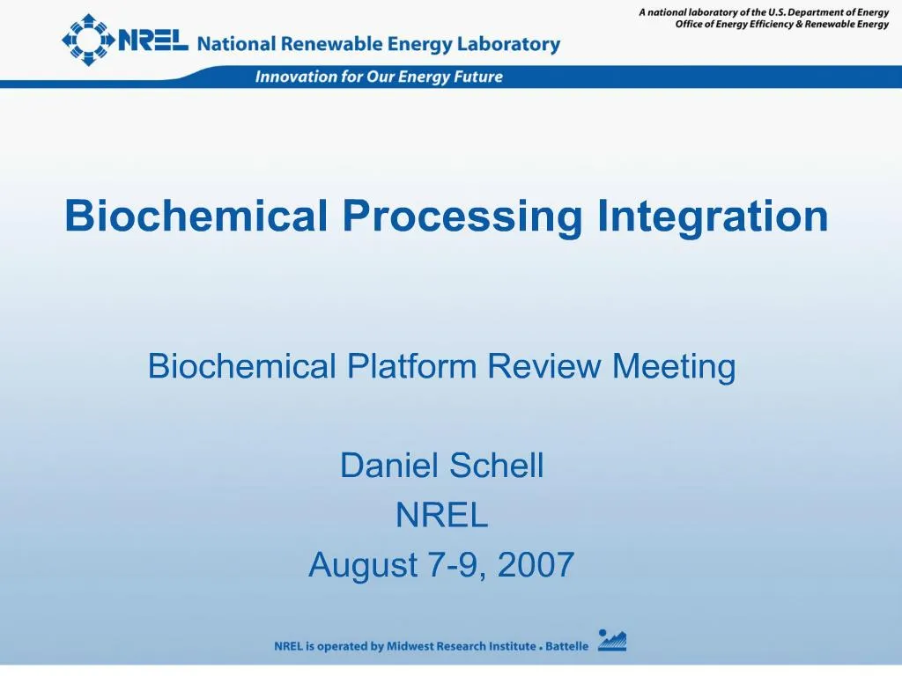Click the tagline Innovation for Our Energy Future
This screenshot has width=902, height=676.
[379, 77]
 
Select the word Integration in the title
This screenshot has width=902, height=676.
[713, 216]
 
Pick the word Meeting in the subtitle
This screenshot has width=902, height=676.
[674, 365]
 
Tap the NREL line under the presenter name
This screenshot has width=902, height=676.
[441, 516]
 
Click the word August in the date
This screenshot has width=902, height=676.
[362, 565]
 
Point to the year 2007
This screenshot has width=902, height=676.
[536, 565]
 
